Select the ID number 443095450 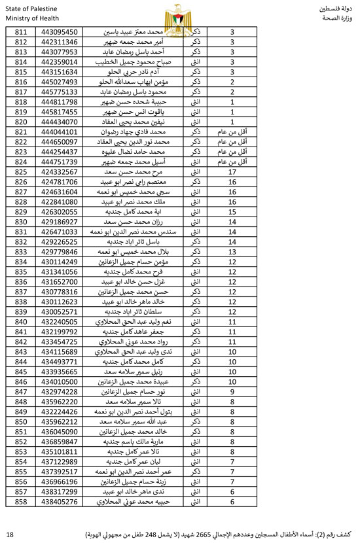[x=60, y=31]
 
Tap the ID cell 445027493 [x=60, y=82]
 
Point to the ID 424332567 [x=60, y=172]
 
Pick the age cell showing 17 [x=232, y=172]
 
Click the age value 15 [x=232, y=212]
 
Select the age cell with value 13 [x=232, y=252]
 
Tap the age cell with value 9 [x=232, y=392]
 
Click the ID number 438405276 [x=60, y=502]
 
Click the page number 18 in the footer [x=9, y=534]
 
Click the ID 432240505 [x=60, y=322]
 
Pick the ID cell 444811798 [x=60, y=102]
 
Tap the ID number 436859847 [x=60, y=442]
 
